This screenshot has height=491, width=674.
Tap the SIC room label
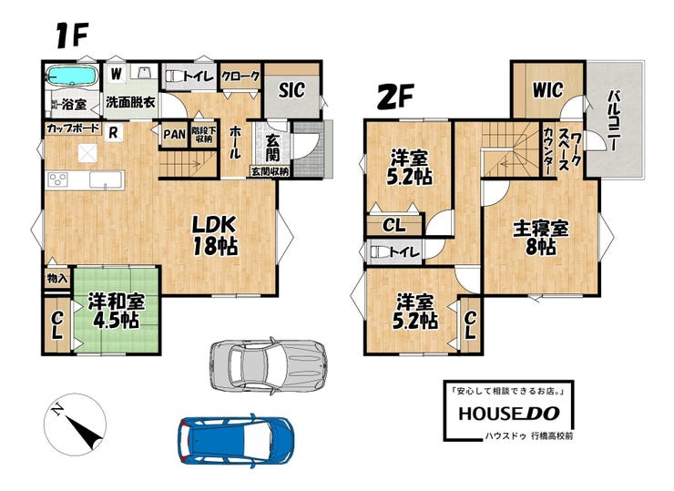click(291, 90)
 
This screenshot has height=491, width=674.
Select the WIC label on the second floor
click(547, 90)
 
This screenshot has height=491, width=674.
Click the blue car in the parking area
click(236, 439)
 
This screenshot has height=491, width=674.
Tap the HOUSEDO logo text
click(509, 414)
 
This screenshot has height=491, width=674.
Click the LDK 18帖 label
click(214, 235)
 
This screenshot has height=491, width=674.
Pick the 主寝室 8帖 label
click(541, 238)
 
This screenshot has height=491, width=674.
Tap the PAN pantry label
click(175, 135)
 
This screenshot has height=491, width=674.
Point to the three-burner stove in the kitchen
click(58, 179)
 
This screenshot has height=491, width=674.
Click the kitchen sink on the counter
click(107, 179)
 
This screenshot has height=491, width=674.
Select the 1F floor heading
click(72, 36)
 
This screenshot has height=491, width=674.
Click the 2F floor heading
click(394, 97)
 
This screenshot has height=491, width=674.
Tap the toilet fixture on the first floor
click(174, 76)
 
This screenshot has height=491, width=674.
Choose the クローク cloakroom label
click(240, 77)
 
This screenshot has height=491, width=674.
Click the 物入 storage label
click(57, 279)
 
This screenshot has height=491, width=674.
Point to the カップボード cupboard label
click(73, 128)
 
